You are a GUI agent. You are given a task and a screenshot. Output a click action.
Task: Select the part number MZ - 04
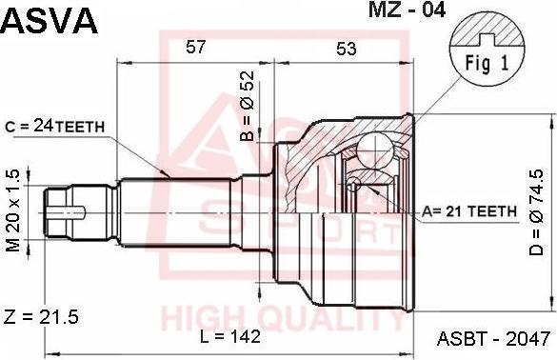(407, 10)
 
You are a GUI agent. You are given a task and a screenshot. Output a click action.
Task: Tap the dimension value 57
(196, 47)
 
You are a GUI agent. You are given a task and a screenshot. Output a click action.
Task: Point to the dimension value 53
(346, 49)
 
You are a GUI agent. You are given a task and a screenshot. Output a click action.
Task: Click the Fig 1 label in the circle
(487, 63)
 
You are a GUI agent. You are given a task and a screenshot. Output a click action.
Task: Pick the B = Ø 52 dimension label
(248, 106)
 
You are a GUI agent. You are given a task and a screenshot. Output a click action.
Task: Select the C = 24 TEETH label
(55, 126)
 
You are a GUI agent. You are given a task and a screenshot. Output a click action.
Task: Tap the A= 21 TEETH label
(468, 211)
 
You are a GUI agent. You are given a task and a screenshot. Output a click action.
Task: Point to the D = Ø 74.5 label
(536, 212)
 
